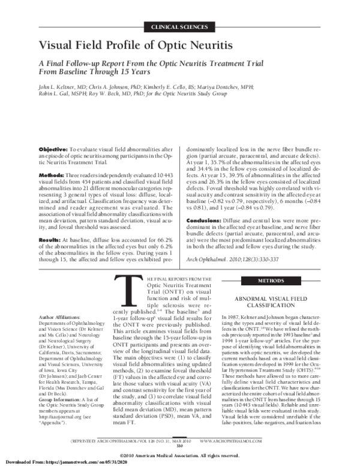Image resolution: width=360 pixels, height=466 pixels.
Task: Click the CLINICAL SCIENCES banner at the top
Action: coord(179,28)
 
